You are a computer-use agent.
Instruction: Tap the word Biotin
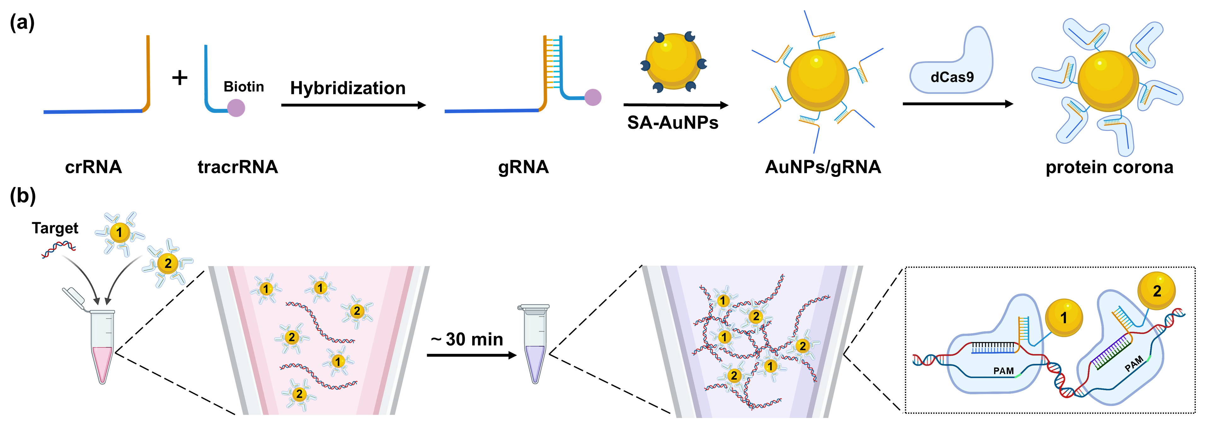pyautogui.click(x=243, y=87)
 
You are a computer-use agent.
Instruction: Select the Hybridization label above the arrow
pyautogui.click(x=348, y=88)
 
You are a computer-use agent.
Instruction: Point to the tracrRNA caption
pyautogui.click(x=238, y=167)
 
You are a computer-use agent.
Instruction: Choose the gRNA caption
pyautogui.click(x=523, y=167)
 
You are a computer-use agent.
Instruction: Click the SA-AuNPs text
pyautogui.click(x=673, y=123)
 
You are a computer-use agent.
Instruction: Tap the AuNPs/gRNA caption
pyautogui.click(x=823, y=167)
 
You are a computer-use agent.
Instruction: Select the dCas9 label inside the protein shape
pyautogui.click(x=952, y=77)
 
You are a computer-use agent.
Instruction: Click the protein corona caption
pyautogui.click(x=1109, y=167)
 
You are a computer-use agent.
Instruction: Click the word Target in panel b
pyautogui.click(x=55, y=228)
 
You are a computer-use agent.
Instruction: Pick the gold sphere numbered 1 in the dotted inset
pyautogui.click(x=1064, y=318)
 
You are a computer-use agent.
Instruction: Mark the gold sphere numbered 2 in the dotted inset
pyautogui.click(x=1156, y=291)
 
